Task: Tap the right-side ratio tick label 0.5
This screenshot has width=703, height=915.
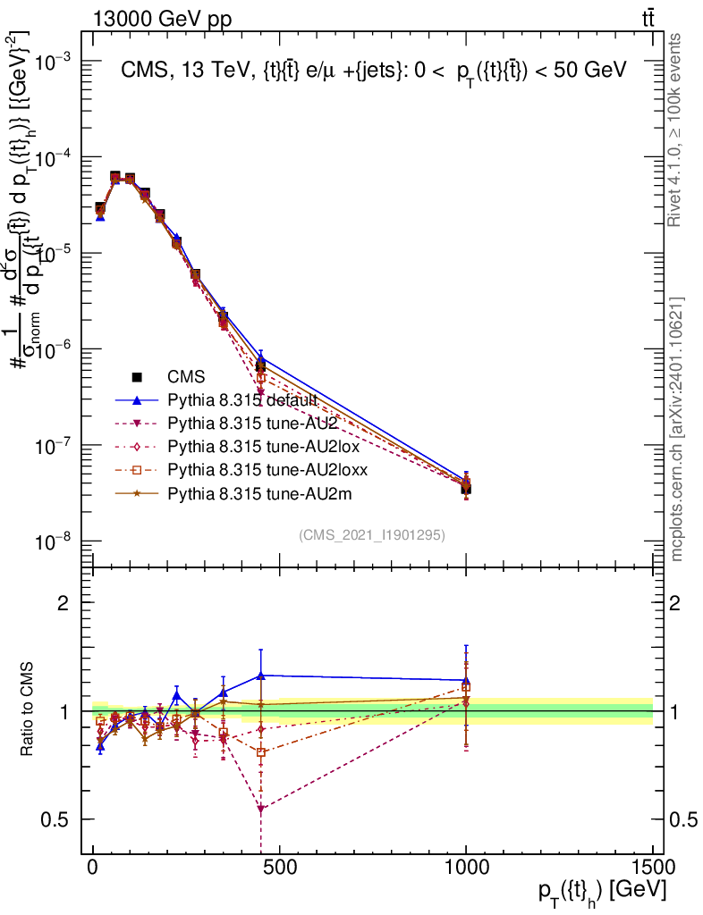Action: [x=682, y=819]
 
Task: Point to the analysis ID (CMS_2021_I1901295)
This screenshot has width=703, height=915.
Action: [x=372, y=534]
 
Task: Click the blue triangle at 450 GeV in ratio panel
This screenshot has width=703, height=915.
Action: [x=260, y=676]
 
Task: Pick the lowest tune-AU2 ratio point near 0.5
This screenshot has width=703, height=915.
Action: [x=260, y=809]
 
